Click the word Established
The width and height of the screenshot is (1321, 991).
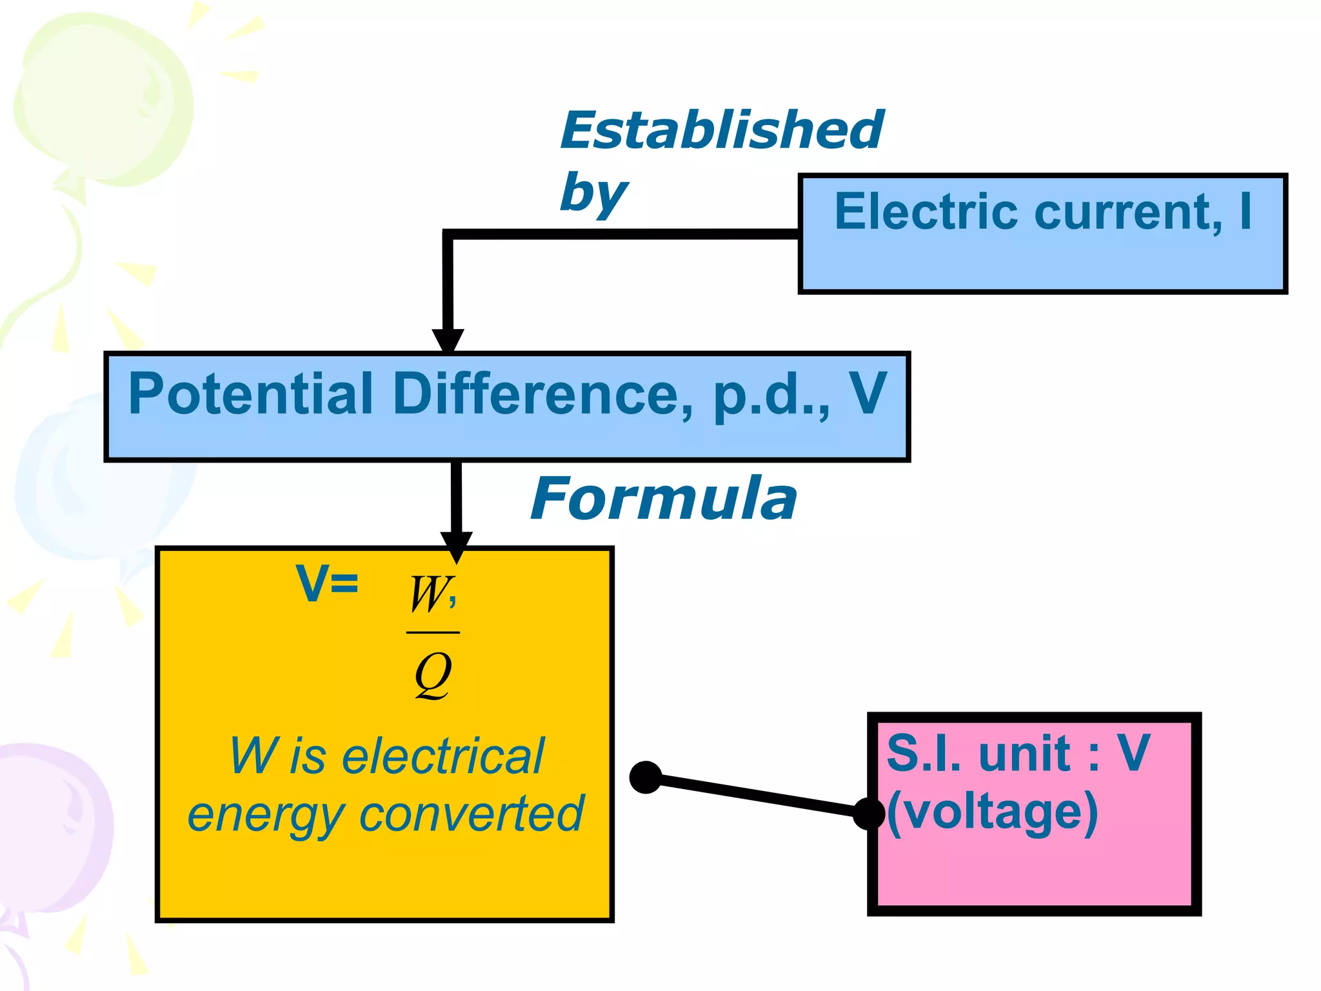coord(721,130)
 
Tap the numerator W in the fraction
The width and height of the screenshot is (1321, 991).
coord(428,594)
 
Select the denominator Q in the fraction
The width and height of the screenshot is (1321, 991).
coord(432,675)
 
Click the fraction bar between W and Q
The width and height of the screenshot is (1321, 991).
coord(433,633)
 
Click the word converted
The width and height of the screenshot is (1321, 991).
coord(471,814)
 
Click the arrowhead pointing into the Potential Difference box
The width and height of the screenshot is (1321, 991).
coord(448,340)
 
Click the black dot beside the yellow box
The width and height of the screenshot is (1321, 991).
coord(646,777)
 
